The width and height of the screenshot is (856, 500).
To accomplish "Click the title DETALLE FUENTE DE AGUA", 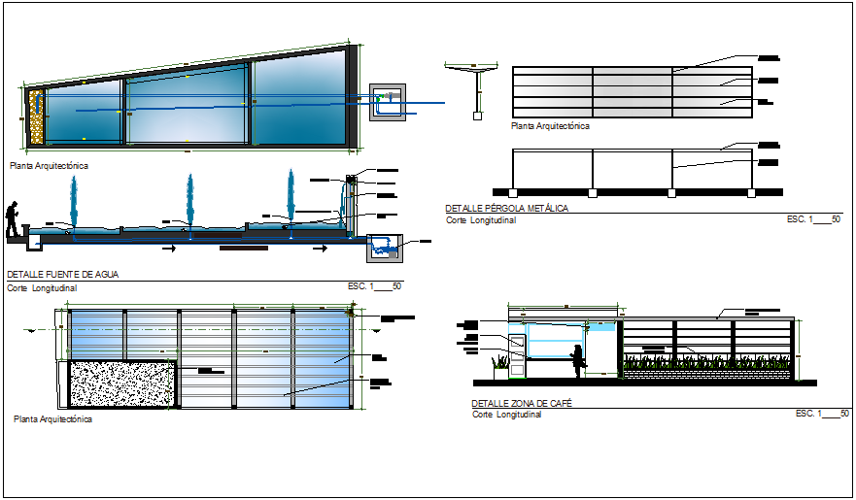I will [x=62, y=276].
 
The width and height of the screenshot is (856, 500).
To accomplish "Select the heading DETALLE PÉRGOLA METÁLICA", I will [x=506, y=209].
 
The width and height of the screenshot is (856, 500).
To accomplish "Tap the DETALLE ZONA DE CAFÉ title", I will [x=520, y=403].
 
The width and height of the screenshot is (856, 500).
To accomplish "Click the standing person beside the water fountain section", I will [x=13, y=219].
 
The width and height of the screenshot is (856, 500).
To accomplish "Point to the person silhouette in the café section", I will [x=578, y=360].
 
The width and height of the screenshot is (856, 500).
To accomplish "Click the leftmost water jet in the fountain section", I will [x=73, y=202].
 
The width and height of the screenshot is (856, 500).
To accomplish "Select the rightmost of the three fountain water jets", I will [x=291, y=198].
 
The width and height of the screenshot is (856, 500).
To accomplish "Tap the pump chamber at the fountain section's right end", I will [x=386, y=248].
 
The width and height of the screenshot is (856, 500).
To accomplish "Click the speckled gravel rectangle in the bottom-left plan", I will [x=121, y=384].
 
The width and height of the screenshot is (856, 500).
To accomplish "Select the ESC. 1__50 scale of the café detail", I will [x=822, y=415].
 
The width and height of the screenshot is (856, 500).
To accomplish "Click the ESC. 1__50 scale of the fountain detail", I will [x=374, y=287].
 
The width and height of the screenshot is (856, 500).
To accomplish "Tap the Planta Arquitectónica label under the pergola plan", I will [x=550, y=126].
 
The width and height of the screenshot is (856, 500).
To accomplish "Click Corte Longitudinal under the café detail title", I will [x=506, y=416].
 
